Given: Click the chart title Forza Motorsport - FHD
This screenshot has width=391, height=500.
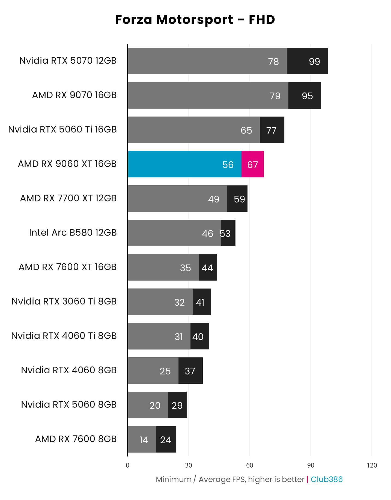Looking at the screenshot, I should pyautogui.click(x=195, y=20).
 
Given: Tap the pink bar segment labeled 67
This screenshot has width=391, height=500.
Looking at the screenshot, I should pyautogui.click(x=252, y=164).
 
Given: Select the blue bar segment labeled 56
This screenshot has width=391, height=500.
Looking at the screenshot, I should pyautogui.click(x=185, y=164).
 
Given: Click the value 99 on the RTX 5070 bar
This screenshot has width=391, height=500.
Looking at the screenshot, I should pyautogui.click(x=314, y=61).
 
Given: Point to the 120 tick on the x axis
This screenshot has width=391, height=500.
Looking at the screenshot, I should pyautogui.click(x=371, y=465).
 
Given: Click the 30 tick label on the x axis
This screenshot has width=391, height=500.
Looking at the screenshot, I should pyautogui.click(x=188, y=465).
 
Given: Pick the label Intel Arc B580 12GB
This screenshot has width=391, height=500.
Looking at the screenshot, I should pyautogui.click(x=73, y=233).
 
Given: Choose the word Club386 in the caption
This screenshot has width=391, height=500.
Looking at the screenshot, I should pyautogui.click(x=326, y=479).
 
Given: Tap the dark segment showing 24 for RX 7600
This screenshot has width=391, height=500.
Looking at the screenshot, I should pyautogui.click(x=166, y=439).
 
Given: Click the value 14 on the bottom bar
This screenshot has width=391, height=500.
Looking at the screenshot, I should pyautogui.click(x=144, y=440).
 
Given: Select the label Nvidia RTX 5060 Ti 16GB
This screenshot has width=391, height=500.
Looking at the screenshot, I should pyautogui.click(x=62, y=129).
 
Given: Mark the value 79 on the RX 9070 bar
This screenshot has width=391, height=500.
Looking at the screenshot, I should pyautogui.click(x=275, y=96).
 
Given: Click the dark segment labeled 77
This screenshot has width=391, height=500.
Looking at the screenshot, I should pyautogui.click(x=272, y=130).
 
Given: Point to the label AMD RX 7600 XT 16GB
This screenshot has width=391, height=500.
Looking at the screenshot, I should pyautogui.click(x=67, y=267).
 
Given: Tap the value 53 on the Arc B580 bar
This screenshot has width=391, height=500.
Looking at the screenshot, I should pyautogui.click(x=226, y=233).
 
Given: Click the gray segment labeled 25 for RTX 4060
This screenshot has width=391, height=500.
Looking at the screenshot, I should pyautogui.click(x=153, y=371).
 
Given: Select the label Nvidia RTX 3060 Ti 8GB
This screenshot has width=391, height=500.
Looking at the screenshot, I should pyautogui.click(x=64, y=301).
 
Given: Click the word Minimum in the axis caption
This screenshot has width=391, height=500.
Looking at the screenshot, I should pyautogui.click(x=174, y=479).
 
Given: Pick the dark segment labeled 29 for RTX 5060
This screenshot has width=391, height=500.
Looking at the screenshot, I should pyautogui.click(x=177, y=405).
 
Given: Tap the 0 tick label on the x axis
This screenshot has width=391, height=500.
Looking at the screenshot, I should pyautogui.click(x=127, y=465).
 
